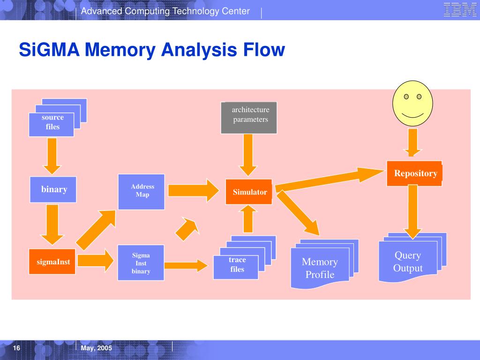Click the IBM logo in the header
(460, 9)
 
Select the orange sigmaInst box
(52, 262)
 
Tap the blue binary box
(53, 189)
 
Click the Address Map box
(142, 192)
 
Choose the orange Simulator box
(249, 192)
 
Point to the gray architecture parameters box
(249, 118)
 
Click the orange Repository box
(414, 173)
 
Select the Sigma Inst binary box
(141, 262)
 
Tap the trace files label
(237, 264)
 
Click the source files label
(52, 122)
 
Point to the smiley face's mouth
(412, 115)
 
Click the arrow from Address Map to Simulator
(194, 190)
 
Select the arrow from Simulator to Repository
(330, 180)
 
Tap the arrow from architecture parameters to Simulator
(248, 155)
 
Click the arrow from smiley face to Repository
(412, 142)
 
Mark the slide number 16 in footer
(16, 348)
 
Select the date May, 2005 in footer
(97, 348)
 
